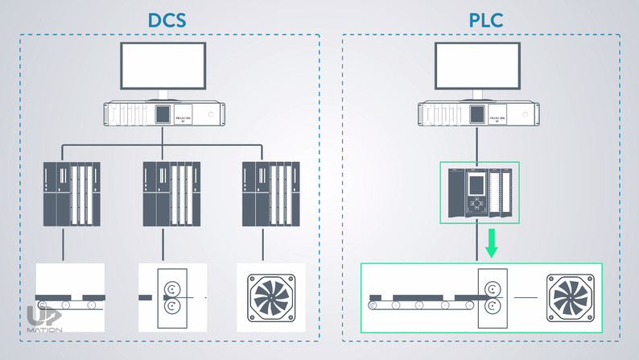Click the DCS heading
pos(169,19)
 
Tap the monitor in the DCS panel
pos(163,67)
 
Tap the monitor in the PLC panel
pos(477,67)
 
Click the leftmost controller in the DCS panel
pos(72,193)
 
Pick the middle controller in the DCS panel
pos(171,193)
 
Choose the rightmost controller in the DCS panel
pos(271,193)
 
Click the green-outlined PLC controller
pos(479,193)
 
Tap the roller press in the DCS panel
pos(171,296)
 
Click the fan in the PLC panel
pos(571,297)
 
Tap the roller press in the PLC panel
pos(493,297)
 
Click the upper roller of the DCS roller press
pos(171,288)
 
